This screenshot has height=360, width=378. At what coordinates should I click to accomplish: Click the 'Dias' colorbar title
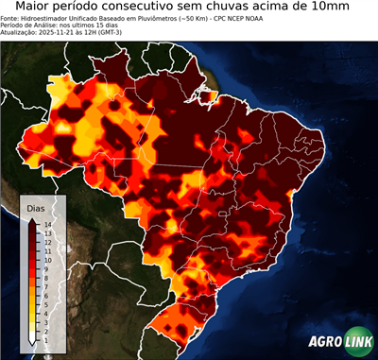(x=36, y=207)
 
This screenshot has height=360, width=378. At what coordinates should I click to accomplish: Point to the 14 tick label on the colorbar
(x=46, y=225)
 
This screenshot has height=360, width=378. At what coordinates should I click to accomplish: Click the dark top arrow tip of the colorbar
(x=33, y=219)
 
